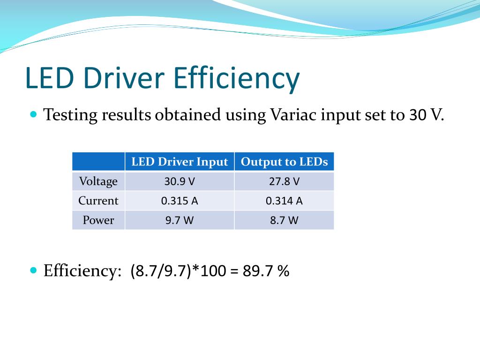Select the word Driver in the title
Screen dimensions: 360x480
click(x=124, y=78)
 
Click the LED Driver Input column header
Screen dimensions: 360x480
click(x=180, y=162)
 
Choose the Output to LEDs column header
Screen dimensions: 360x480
click(x=284, y=162)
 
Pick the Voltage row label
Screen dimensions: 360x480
click(x=98, y=181)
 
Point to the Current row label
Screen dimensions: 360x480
click(x=98, y=201)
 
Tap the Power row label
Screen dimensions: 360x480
click(x=98, y=220)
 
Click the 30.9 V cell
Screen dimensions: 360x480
click(x=180, y=181)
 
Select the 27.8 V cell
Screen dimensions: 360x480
click(x=284, y=181)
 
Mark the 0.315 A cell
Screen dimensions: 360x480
click(x=180, y=201)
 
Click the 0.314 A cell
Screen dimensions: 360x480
click(x=284, y=201)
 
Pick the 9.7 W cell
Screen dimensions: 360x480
click(x=180, y=220)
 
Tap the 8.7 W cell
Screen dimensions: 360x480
click(x=284, y=220)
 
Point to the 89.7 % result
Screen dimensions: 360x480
click(x=266, y=271)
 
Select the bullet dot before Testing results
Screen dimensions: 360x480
click(x=33, y=114)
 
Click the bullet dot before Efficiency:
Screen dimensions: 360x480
click(x=33, y=270)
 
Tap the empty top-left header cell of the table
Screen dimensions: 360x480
click(x=98, y=162)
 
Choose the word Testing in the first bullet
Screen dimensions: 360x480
click(x=70, y=115)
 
